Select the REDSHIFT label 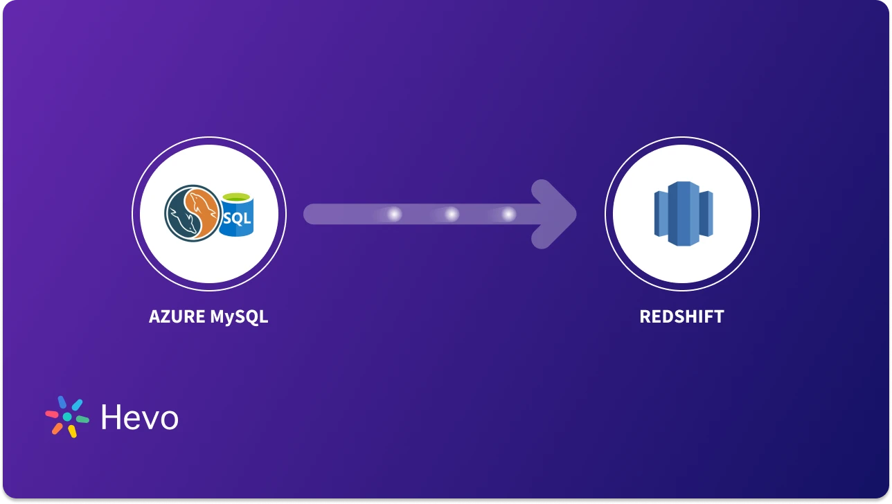point(681,317)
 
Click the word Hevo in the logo point(139,417)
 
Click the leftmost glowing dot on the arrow point(394,215)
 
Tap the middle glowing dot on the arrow point(452,215)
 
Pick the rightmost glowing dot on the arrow point(508,215)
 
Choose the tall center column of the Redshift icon point(682,213)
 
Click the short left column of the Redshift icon point(661,213)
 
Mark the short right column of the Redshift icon point(705,213)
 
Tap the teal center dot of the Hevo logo point(67,417)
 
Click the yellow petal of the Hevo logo point(71,431)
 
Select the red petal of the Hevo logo point(52,413)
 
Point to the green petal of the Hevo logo point(82,420)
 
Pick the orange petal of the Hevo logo point(57,429)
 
